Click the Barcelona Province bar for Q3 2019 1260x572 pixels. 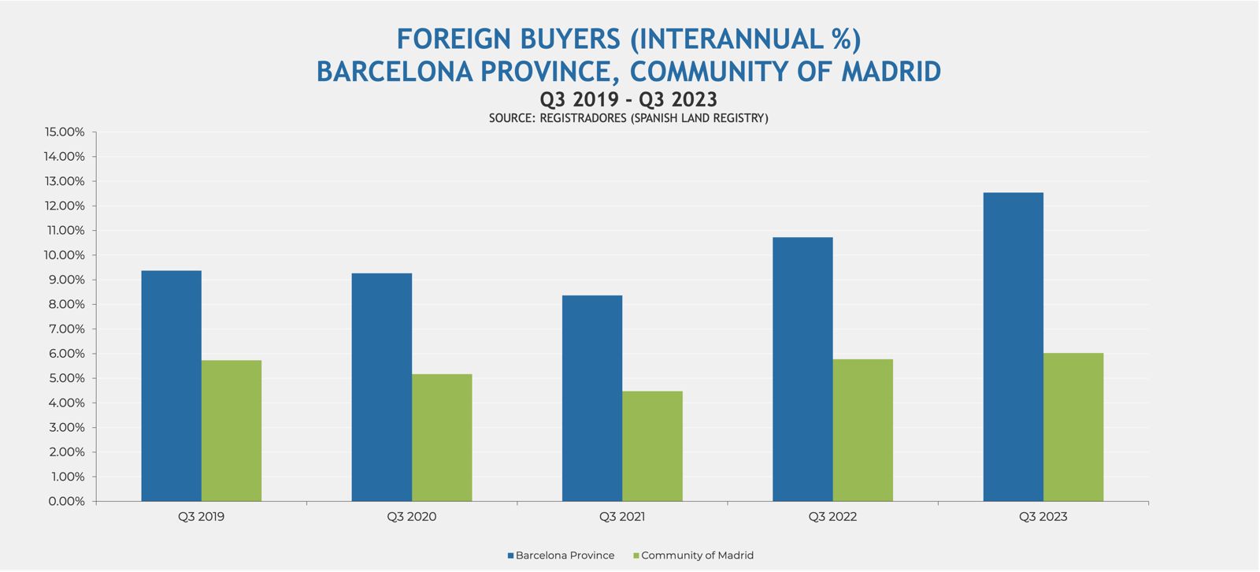pos(171,386)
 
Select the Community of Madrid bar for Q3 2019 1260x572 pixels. pos(232,431)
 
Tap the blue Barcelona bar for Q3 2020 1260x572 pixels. pos(381,387)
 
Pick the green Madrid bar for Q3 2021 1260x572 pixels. pos(652,446)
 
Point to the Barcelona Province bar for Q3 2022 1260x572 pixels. pos(802,370)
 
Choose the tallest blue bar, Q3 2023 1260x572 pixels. pos(1013,347)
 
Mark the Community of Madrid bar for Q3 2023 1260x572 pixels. pos(1073,427)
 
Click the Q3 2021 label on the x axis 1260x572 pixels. pos(621,517)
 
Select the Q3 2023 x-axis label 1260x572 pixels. pos(1043,517)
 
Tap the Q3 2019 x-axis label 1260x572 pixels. pos(201,517)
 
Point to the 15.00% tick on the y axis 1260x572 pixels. pos(65,132)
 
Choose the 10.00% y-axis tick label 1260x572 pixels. pos(65,255)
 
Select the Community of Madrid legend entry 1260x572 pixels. pos(696,555)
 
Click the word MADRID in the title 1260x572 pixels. pos(891,72)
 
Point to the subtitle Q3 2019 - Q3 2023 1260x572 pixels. pos(628,99)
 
